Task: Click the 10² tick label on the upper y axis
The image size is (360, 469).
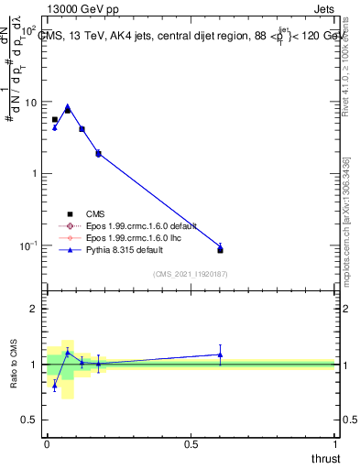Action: pos(28,31)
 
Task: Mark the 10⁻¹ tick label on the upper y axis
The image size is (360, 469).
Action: pos(27,245)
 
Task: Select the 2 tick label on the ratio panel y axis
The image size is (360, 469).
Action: pos(34,310)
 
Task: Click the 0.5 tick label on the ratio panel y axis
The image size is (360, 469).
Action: pos(29,420)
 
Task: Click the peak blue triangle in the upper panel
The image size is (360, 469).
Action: pos(68,106)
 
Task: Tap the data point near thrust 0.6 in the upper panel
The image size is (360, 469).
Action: pos(220,249)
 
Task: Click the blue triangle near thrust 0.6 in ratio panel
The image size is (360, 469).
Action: pos(220,354)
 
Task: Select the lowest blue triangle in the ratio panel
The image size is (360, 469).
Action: pos(54,386)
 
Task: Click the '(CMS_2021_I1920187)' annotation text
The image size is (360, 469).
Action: pos(190,272)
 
